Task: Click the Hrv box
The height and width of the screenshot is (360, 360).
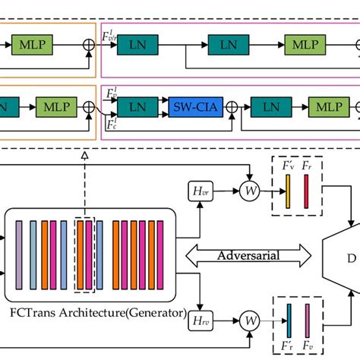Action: tap(201, 316)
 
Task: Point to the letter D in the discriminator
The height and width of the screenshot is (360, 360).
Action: tap(351, 258)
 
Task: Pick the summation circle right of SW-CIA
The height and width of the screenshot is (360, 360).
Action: tap(230, 108)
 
